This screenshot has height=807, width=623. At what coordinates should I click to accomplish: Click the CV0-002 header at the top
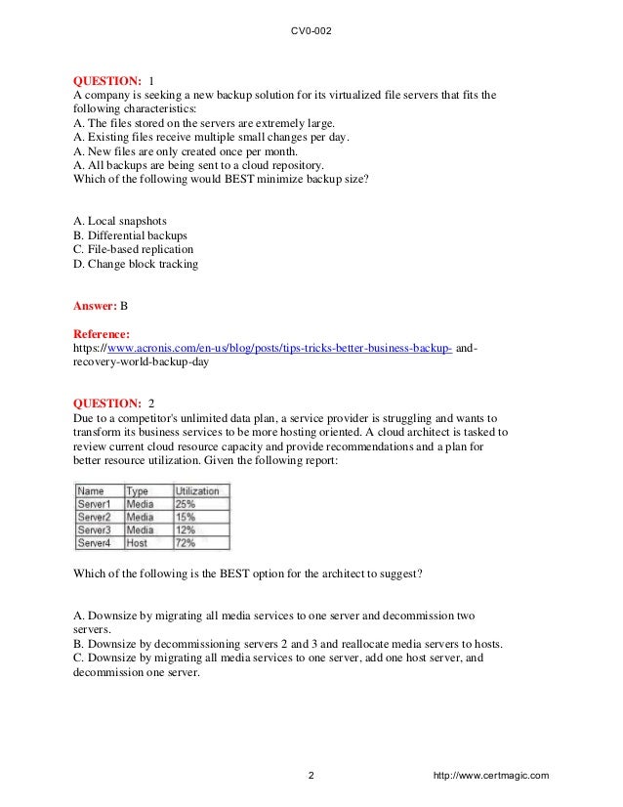(311, 30)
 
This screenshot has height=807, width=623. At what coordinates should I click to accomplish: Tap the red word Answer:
(96, 306)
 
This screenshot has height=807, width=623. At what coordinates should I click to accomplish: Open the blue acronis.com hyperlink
(279, 347)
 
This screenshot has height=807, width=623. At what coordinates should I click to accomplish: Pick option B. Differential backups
(131, 235)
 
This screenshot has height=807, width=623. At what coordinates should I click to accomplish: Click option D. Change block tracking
(136, 263)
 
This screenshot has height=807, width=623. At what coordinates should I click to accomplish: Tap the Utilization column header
(197, 490)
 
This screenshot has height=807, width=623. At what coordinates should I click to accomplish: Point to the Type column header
(138, 490)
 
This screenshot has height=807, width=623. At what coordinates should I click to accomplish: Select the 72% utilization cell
(185, 541)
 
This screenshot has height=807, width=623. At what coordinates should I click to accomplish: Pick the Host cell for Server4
(139, 541)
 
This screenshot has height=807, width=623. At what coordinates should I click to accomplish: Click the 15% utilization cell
(185, 516)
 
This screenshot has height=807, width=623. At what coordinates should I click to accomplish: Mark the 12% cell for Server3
(185, 529)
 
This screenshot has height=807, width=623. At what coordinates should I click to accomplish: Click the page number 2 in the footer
(311, 777)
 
